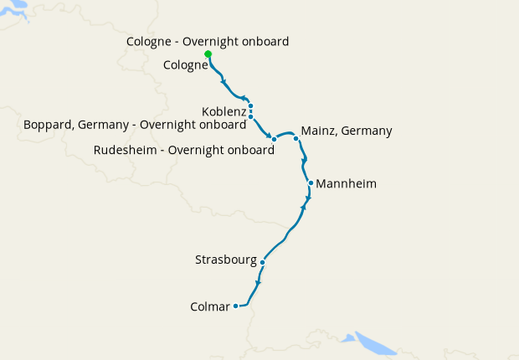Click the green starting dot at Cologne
(x=208, y=54)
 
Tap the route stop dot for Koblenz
(x=250, y=106)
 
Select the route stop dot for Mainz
(x=295, y=139)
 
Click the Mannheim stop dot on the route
(x=311, y=183)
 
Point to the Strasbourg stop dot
(x=262, y=263)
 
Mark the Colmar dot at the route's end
(x=236, y=306)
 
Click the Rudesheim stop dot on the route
(x=274, y=139)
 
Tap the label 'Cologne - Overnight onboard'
(x=208, y=41)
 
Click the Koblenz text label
(x=224, y=111)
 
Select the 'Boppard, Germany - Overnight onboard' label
(x=137, y=124)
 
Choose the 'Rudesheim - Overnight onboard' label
(x=184, y=151)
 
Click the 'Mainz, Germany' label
(x=346, y=131)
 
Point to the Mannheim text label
(x=347, y=183)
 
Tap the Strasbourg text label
(x=225, y=260)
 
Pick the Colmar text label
(x=210, y=307)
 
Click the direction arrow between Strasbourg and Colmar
(x=258, y=282)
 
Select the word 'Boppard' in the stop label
(x=48, y=124)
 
